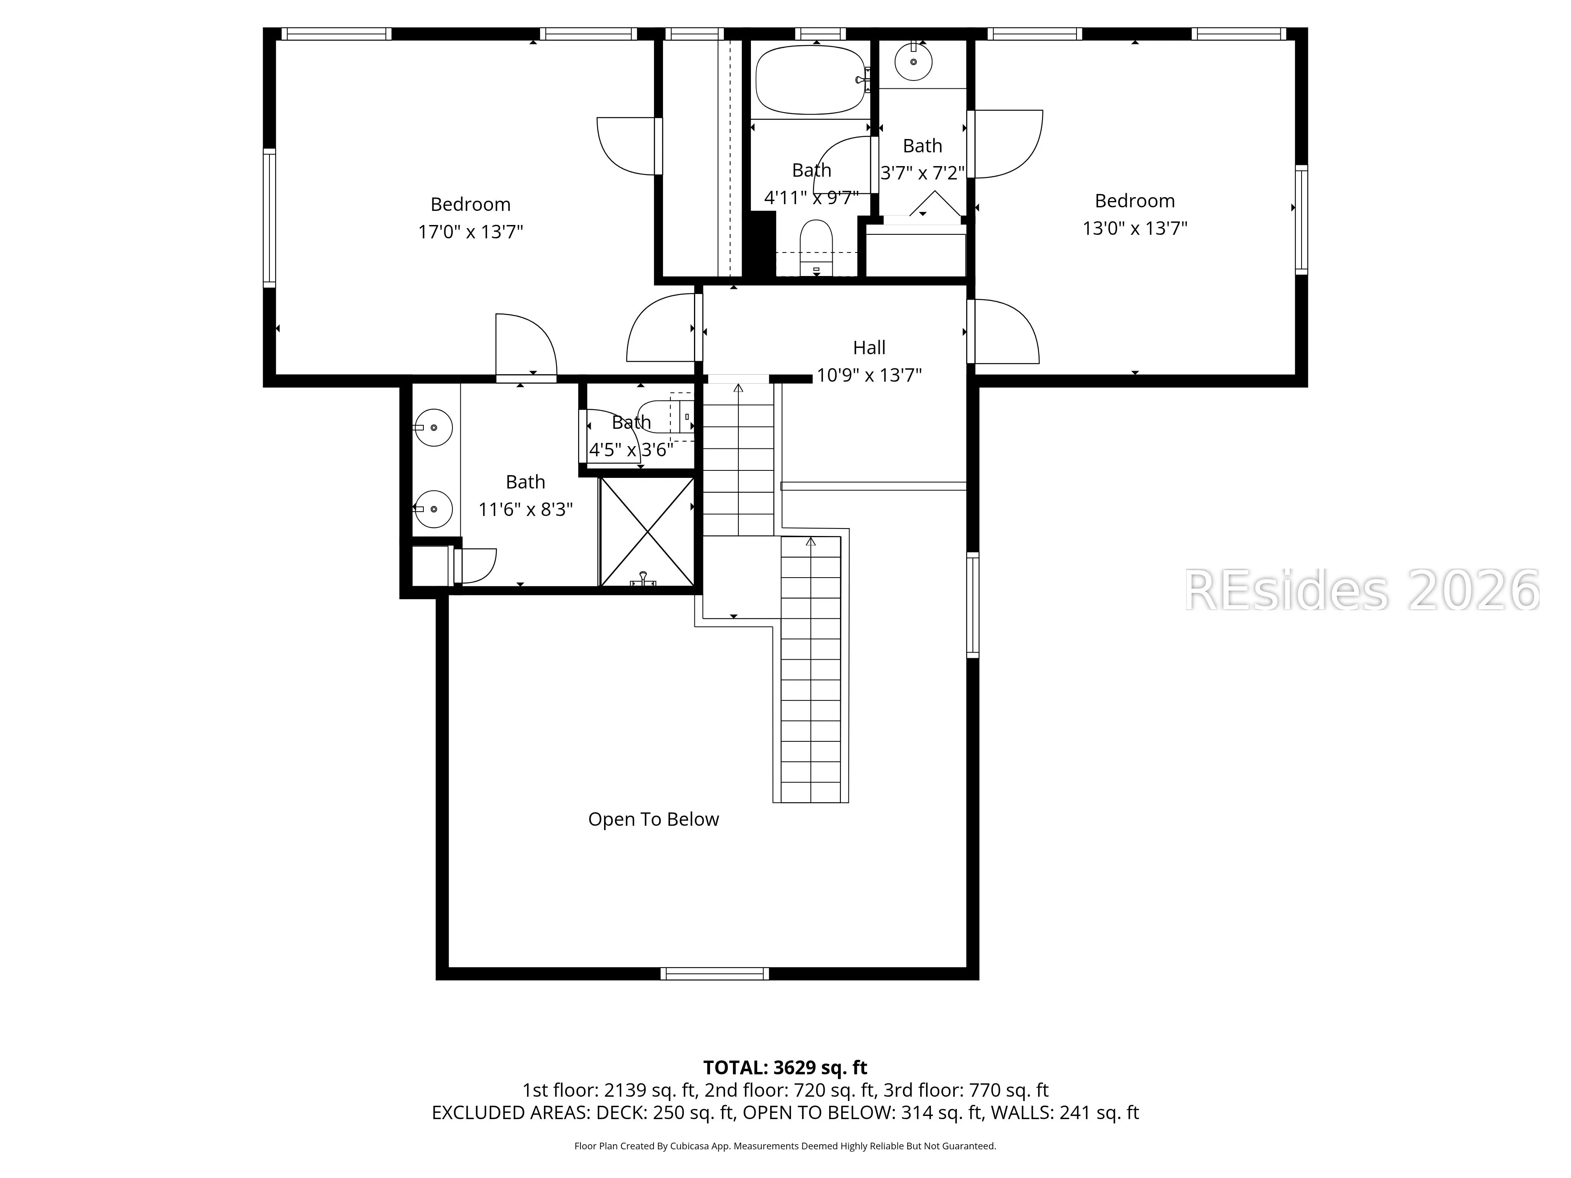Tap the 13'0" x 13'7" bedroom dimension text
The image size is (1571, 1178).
click(x=1135, y=228)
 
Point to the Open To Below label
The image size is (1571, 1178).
click(x=654, y=819)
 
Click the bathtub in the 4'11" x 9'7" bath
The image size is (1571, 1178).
click(x=810, y=80)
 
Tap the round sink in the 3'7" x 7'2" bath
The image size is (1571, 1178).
click(x=913, y=62)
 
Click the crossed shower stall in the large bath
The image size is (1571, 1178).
click(x=647, y=532)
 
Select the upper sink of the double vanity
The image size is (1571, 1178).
click(x=432, y=428)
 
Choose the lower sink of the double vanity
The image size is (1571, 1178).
click(x=432, y=509)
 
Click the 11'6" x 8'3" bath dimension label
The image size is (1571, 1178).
click(x=525, y=509)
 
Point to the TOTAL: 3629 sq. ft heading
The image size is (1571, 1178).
click(x=785, y=1067)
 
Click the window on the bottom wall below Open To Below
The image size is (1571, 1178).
click(x=714, y=973)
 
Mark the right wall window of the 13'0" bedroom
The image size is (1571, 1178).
click(x=1301, y=220)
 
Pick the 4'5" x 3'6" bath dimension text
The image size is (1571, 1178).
click(x=631, y=450)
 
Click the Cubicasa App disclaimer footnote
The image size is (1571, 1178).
click(x=785, y=1145)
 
